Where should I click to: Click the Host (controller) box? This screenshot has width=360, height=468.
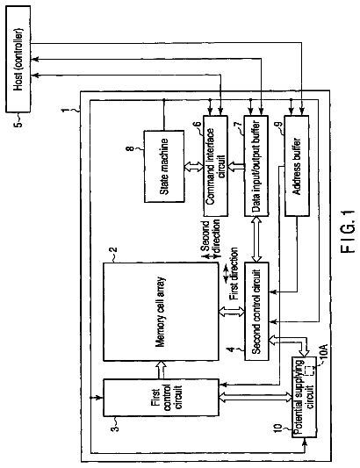pyautogui.click(x=18, y=59)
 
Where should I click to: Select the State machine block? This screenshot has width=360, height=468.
pyautogui.click(x=164, y=166)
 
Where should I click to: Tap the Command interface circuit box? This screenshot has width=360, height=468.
pyautogui.click(x=215, y=166)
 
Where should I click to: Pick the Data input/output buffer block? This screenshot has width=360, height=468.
pyautogui.click(x=256, y=166)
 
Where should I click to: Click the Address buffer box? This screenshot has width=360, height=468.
pyautogui.click(x=297, y=166)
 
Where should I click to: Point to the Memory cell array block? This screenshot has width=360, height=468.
pyautogui.click(x=161, y=312)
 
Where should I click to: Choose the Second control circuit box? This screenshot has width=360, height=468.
pyautogui.click(x=256, y=312)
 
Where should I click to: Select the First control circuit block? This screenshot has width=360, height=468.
pyautogui.click(x=161, y=398)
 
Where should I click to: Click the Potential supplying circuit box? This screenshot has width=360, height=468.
pyautogui.click(x=304, y=397)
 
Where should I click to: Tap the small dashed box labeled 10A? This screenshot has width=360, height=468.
pyautogui.click(x=310, y=371)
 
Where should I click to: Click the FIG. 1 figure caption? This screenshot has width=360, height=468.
pyautogui.click(x=348, y=231)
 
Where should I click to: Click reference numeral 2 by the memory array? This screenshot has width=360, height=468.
pyautogui.click(x=114, y=250)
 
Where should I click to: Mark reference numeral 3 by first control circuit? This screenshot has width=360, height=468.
pyautogui.click(x=115, y=428)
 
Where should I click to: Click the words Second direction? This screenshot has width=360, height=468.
pyautogui.click(x=210, y=237)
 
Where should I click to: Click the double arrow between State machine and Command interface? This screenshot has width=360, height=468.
pyautogui.click(x=193, y=166)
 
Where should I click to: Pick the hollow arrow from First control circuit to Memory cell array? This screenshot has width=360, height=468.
pyautogui.click(x=161, y=371)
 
